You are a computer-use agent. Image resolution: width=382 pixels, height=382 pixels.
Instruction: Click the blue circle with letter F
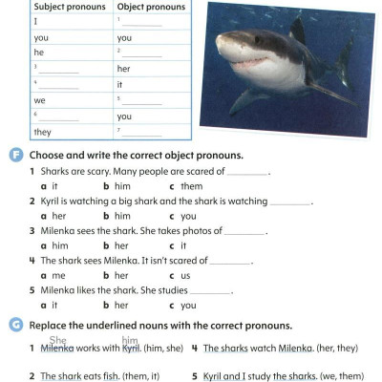pyautogui.click(x=16, y=155)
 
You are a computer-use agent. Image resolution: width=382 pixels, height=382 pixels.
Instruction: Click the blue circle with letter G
pyautogui.click(x=16, y=326)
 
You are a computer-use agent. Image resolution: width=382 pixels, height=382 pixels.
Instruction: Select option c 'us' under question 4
pyautogui.click(x=182, y=275)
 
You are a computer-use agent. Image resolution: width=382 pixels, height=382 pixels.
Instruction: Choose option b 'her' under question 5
pyautogui.click(x=115, y=305)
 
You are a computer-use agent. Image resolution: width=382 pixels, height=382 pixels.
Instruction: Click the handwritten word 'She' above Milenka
pyautogui.click(x=58, y=340)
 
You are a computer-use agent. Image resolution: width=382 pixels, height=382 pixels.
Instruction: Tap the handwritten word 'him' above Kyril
pyautogui.click(x=131, y=341)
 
